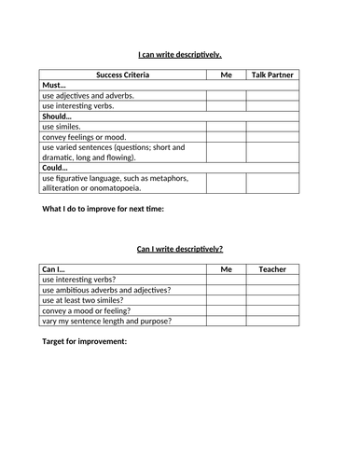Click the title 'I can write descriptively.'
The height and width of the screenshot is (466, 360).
tap(180, 55)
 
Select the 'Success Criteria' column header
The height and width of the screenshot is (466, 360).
tap(122, 74)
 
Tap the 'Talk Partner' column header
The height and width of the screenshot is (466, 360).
tap(274, 74)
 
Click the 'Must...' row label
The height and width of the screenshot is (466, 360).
tap(55, 85)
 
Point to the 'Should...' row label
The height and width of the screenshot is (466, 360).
tap(59, 116)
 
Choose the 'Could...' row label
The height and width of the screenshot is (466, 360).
tap(57, 169)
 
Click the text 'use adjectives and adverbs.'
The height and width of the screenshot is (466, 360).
tap(89, 95)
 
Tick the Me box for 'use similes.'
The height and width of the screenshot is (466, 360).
tap(227, 127)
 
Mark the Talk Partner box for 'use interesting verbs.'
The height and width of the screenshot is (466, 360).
tap(274, 106)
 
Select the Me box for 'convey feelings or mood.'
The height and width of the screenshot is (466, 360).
tap(227, 137)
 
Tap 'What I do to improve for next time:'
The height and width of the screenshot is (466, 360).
tap(104, 209)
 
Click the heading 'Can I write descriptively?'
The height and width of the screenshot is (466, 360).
tap(180, 250)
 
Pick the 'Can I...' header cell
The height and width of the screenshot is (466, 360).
tap(55, 268)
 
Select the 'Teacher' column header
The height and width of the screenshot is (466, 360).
tap(274, 268)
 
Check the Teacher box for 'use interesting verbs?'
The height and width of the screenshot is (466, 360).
tap(274, 279)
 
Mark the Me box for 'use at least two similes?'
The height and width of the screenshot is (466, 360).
tap(227, 300)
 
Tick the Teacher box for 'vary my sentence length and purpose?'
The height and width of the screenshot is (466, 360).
tap(274, 322)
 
